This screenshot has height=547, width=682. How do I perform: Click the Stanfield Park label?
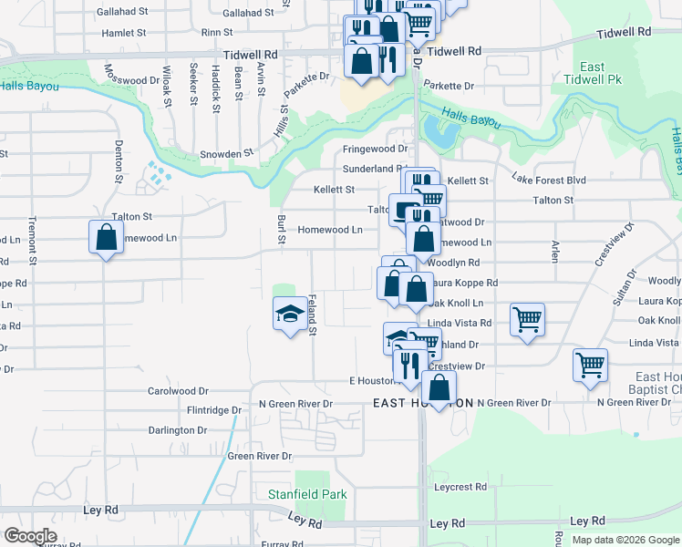coord(294,494)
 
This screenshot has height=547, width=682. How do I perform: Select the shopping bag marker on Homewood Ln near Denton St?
coord(107,237)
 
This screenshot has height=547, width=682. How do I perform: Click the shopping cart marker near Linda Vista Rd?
coord(527,320)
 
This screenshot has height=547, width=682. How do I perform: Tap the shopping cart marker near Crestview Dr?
coord(590,366)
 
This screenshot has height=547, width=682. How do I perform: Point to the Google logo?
coord(31,536)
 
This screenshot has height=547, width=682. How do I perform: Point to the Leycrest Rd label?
coord(460,487)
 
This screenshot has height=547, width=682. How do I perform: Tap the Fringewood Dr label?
coord(375,149)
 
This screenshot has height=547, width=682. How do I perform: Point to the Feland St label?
coord(311,314)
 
